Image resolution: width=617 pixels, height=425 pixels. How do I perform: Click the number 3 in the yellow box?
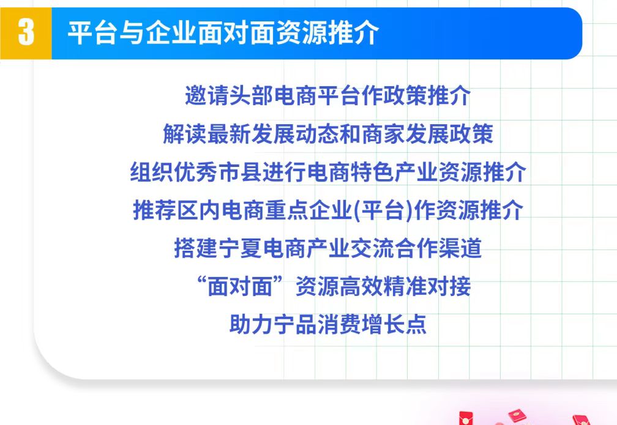coord(26,33)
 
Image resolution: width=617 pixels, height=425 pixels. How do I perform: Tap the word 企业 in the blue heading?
coord(171,32)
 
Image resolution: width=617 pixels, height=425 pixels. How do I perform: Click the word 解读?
coord(185,134)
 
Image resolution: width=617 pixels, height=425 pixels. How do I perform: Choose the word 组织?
coord(152,172)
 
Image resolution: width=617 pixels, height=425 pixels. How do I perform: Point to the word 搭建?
coord(196,248)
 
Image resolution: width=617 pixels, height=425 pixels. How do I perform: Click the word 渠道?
coord(460,248)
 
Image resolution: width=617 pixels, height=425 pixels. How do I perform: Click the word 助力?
coord(251,324)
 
